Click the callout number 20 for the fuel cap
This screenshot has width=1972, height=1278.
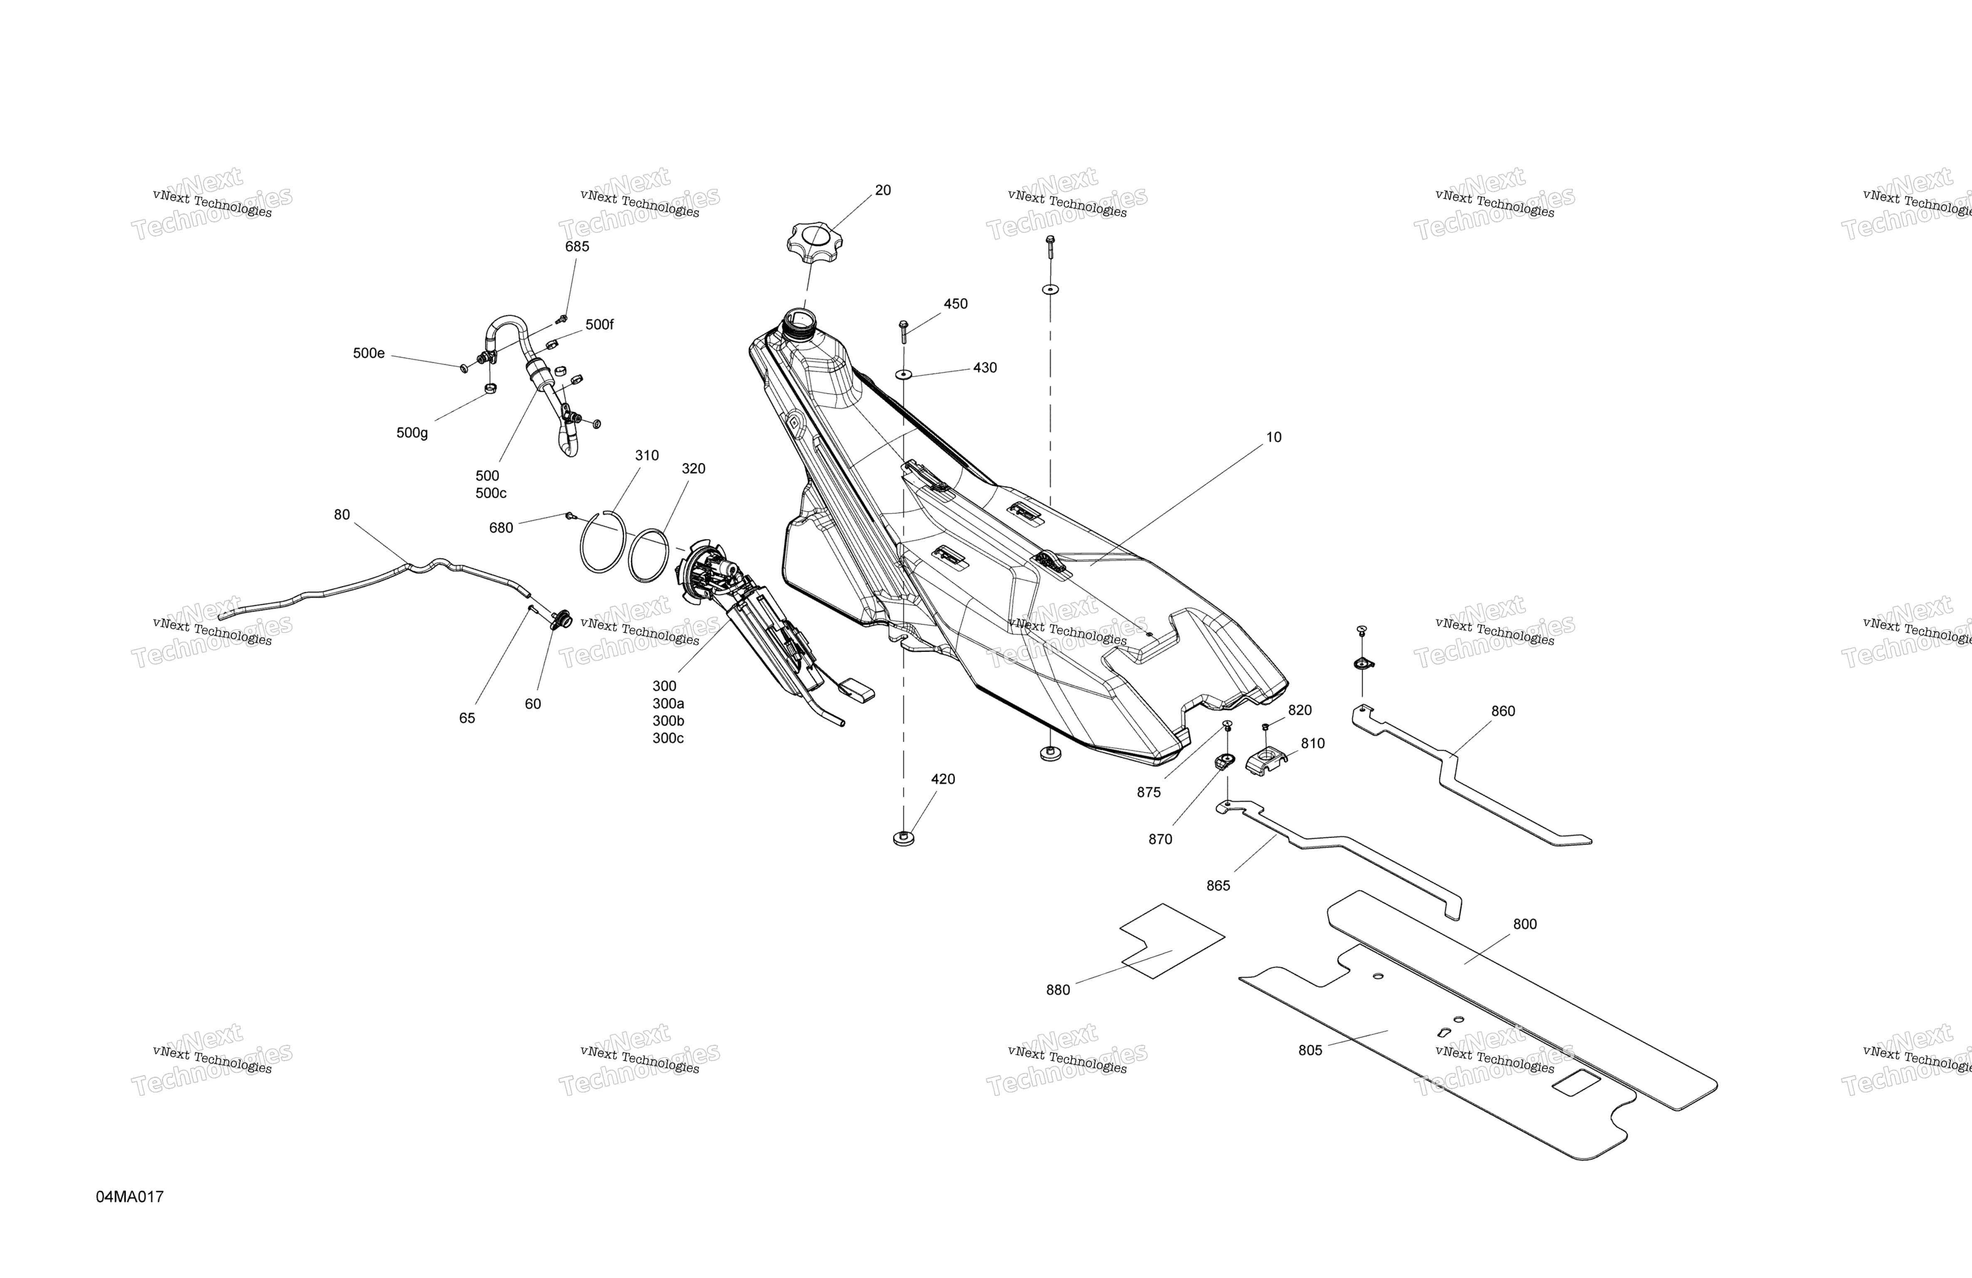pyautogui.click(x=883, y=190)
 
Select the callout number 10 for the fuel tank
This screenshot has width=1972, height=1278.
pyautogui.click(x=1273, y=438)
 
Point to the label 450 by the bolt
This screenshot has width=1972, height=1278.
pyautogui.click(x=955, y=304)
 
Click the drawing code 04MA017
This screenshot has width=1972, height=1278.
pyautogui.click(x=130, y=1197)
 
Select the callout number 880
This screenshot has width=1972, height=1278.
pyautogui.click(x=1058, y=990)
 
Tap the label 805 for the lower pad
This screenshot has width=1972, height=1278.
pyautogui.click(x=1310, y=1050)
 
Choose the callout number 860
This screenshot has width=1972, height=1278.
pyautogui.click(x=1503, y=712)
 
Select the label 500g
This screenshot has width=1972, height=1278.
pyautogui.click(x=412, y=433)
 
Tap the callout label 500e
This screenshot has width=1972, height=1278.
pyautogui.click(x=369, y=353)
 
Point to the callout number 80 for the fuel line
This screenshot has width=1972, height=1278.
pyautogui.click(x=341, y=515)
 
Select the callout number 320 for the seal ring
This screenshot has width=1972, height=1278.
pyautogui.click(x=694, y=469)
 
